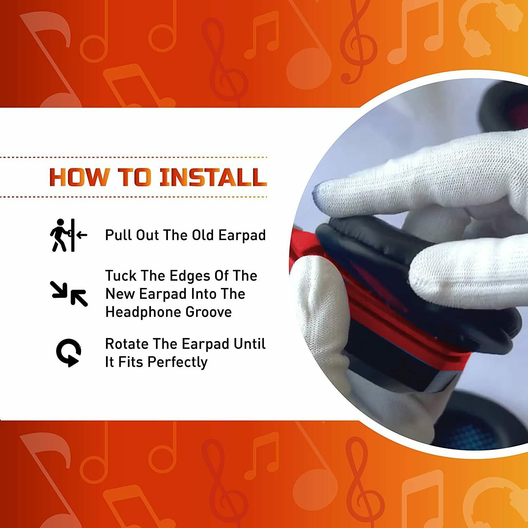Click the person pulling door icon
click(x=68, y=235)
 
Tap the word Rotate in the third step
click(x=127, y=344)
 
